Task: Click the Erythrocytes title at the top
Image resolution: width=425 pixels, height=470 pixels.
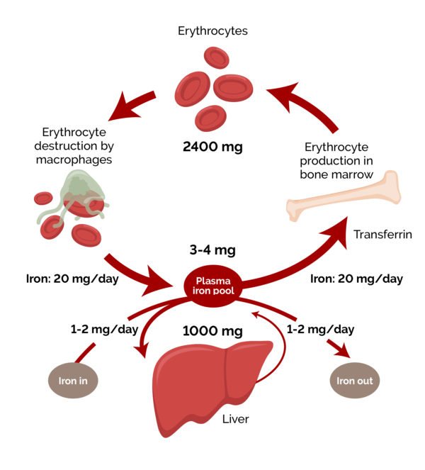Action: (212, 31)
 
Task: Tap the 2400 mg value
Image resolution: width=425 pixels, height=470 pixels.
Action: (212, 147)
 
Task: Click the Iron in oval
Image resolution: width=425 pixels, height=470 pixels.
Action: (72, 381)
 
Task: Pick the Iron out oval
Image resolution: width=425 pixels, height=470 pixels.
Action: (355, 381)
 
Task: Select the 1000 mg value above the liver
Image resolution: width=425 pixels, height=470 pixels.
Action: (212, 330)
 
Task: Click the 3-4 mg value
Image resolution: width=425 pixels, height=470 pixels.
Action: (212, 250)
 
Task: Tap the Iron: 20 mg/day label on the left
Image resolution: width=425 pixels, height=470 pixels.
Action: (61, 279)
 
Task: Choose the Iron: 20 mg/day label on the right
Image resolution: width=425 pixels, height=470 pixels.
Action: (357, 279)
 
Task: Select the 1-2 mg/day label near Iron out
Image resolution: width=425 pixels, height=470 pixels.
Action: (321, 330)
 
